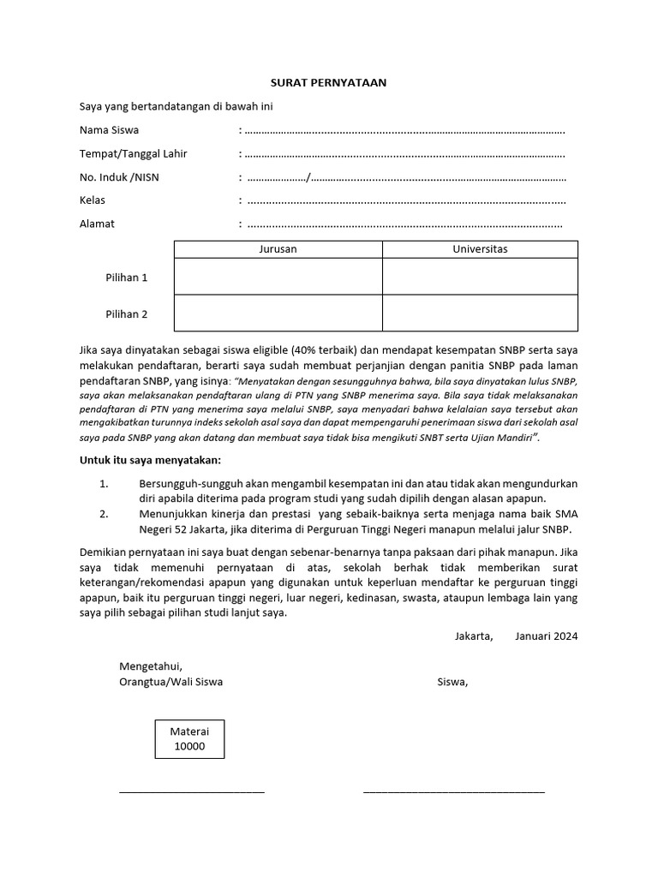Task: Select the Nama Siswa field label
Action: coord(109,130)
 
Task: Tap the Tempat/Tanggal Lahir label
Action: coord(133,154)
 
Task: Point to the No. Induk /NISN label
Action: coord(119,177)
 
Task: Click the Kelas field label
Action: coord(93,200)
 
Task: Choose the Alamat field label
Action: coord(97,224)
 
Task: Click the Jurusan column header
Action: coord(278,249)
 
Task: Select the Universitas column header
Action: coord(480,249)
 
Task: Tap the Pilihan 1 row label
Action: coord(127,277)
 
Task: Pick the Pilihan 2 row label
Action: coord(127,313)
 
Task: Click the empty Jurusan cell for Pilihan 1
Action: coord(278,277)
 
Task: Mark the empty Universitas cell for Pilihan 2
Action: coord(480,313)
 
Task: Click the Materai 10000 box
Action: coord(189,739)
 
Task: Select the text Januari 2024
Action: coord(547,636)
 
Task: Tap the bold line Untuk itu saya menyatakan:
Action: coord(150,461)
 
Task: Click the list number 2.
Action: coord(103,514)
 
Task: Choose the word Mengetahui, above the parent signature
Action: coord(151,666)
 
